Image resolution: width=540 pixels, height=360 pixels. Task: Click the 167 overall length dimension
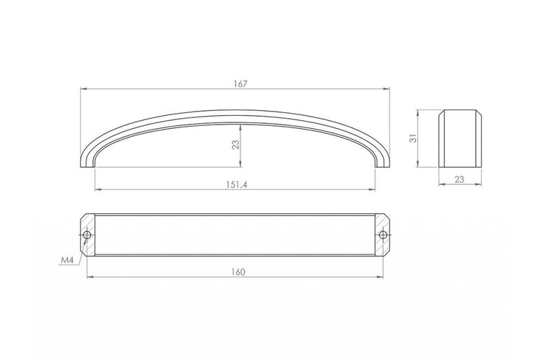pyautogui.click(x=240, y=84)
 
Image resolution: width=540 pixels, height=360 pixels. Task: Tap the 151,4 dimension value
pyautogui.click(x=237, y=184)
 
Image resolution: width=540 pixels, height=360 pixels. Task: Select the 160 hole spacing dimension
pyautogui.click(x=238, y=272)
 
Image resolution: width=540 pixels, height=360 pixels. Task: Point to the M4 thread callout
pyautogui.click(x=68, y=261)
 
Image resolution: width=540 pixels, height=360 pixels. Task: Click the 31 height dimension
pyautogui.click(x=413, y=138)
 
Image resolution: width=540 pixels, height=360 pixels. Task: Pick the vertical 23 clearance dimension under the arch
pyautogui.click(x=235, y=145)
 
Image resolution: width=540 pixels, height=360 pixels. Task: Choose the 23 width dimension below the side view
pyautogui.click(x=459, y=179)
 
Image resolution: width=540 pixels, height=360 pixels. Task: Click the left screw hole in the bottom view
pyautogui.click(x=87, y=235)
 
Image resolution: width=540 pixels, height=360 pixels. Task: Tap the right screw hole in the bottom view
pyautogui.click(x=382, y=235)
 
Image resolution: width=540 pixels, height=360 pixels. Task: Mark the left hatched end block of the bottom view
pyautogui.click(x=87, y=235)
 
